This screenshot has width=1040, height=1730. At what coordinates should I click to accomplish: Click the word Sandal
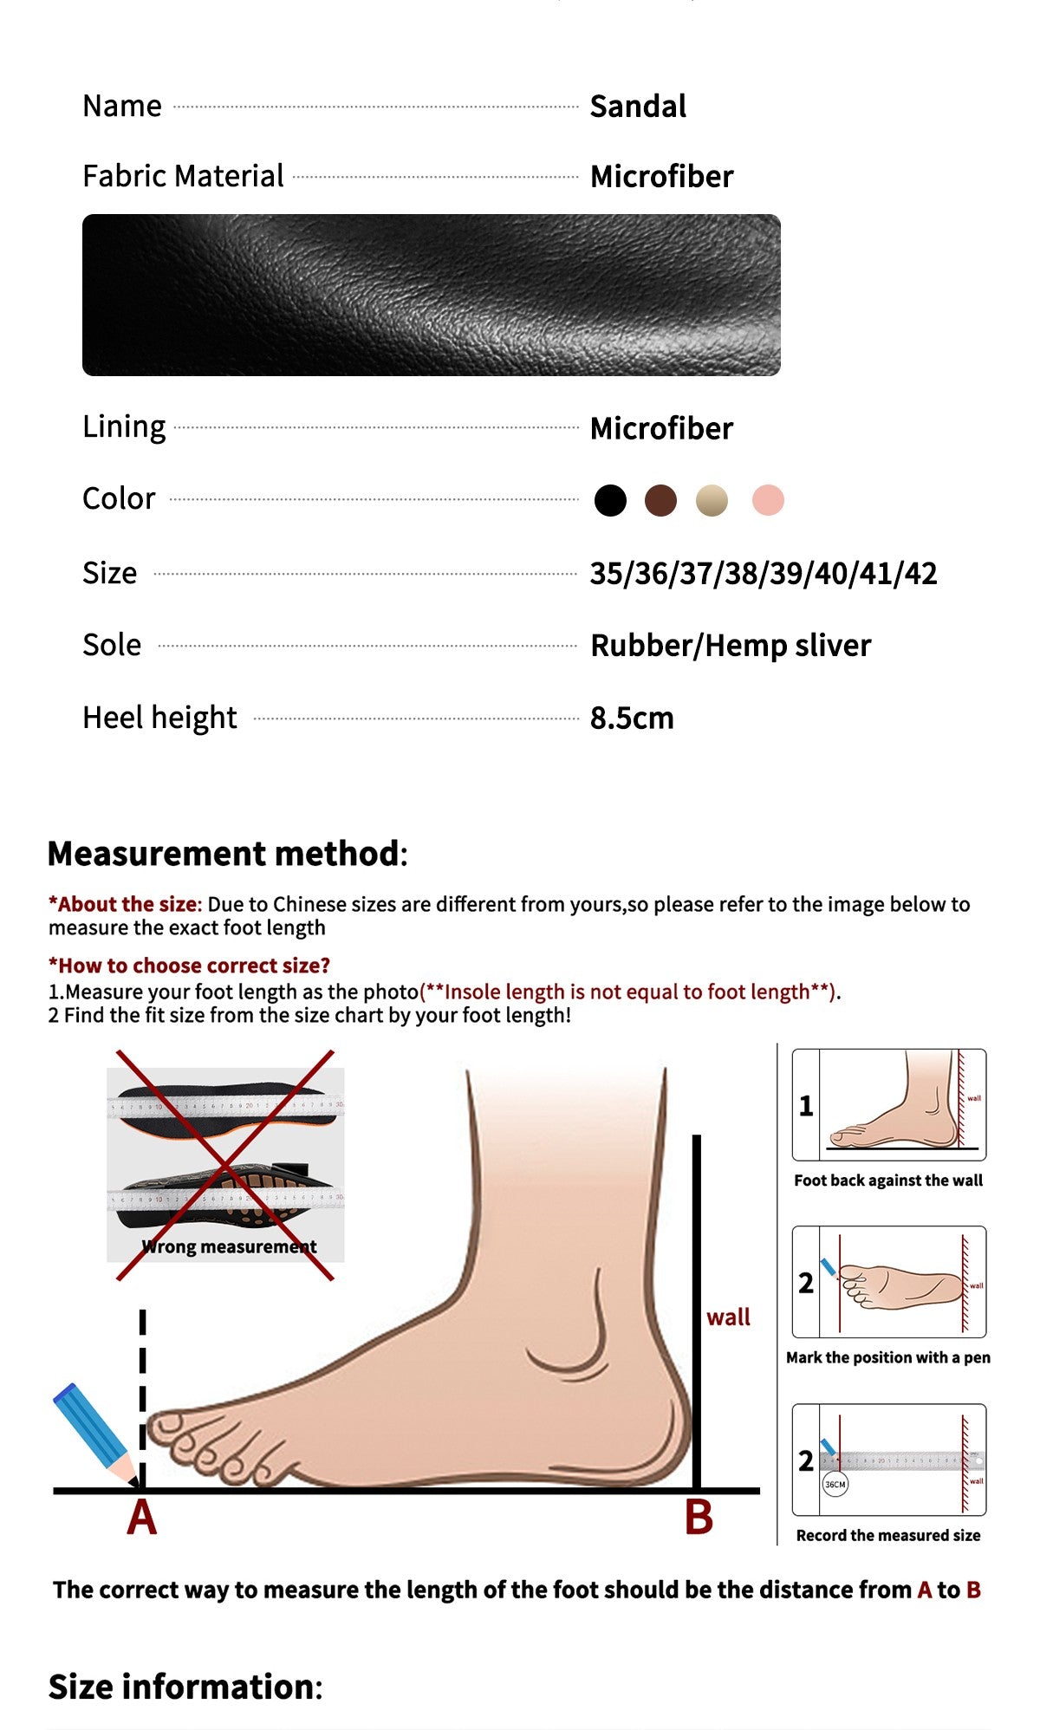pyautogui.click(x=638, y=107)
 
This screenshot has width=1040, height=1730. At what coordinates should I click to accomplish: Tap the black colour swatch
pyautogui.click(x=610, y=500)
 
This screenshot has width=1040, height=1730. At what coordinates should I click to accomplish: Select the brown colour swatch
pyautogui.click(x=660, y=500)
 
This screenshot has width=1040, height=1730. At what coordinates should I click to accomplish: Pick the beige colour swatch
pyautogui.click(x=712, y=500)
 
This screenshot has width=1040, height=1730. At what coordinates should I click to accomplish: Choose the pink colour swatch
pyautogui.click(x=768, y=500)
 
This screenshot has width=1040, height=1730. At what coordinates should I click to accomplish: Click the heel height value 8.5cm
pyautogui.click(x=632, y=718)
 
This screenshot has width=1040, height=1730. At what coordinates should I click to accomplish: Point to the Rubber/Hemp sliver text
pyautogui.click(x=730, y=646)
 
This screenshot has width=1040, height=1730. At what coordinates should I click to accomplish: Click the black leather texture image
pyautogui.click(x=431, y=295)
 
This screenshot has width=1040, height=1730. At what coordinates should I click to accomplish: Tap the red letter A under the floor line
pyautogui.click(x=142, y=1519)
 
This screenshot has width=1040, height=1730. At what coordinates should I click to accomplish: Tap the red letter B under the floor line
pyautogui.click(x=699, y=1519)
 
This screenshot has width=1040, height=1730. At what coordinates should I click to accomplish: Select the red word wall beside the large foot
pyautogui.click(x=728, y=1317)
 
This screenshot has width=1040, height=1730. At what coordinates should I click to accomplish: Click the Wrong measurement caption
pyautogui.click(x=230, y=1246)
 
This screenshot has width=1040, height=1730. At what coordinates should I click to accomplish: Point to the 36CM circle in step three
pyautogui.click(x=835, y=1484)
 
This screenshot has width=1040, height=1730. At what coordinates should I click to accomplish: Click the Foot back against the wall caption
pyautogui.click(x=888, y=1180)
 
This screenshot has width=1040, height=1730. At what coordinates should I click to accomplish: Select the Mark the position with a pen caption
pyautogui.click(x=888, y=1357)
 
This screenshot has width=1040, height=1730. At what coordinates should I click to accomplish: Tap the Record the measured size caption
pyautogui.click(x=888, y=1535)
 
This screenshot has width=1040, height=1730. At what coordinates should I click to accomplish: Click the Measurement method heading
pyautogui.click(x=227, y=854)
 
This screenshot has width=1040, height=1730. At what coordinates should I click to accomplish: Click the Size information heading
pyautogui.click(x=185, y=1687)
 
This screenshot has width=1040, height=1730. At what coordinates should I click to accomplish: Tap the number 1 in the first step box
pyautogui.click(x=806, y=1106)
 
